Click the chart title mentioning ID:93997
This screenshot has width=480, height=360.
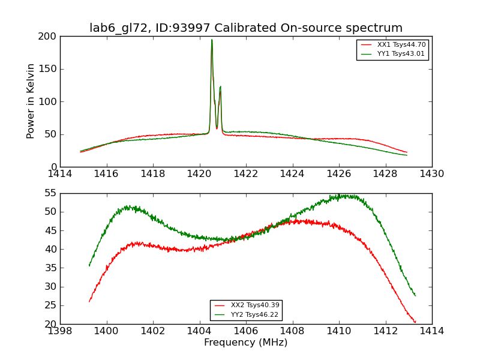coord(246,28)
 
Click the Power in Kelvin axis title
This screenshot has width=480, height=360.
coord(31,101)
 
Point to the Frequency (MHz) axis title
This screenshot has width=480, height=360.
coord(246,343)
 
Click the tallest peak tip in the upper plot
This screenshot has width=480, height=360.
coord(212,40)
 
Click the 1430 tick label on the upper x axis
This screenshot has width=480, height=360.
coord(431,174)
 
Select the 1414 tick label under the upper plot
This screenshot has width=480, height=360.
coord(60,174)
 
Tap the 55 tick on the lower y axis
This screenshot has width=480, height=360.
coord(50,193)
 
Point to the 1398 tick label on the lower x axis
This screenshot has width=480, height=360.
coord(60,331)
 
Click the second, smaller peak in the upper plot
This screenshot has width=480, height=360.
coord(220,87)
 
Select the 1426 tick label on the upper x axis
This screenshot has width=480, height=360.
coord(339,174)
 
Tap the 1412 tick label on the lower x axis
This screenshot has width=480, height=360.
coord(385,331)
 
